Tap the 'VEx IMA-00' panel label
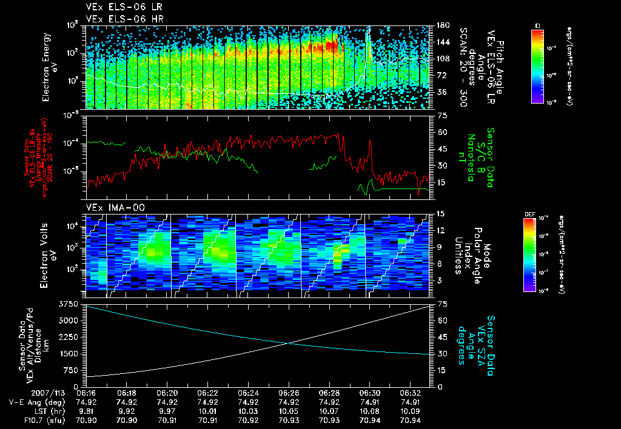(x=110, y=207)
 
